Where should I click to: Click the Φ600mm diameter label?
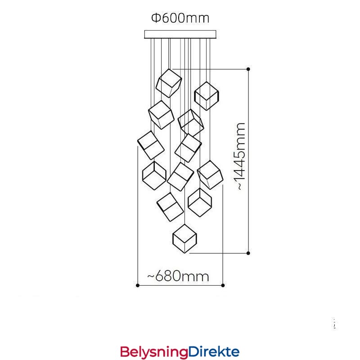coord(180,18)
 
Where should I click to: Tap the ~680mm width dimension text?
coord(178,275)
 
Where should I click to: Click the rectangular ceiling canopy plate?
coord(180,34)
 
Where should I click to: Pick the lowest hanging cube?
coord(185,238)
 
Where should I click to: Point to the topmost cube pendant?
coord(169,83)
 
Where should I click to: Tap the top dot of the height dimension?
coord(248,69)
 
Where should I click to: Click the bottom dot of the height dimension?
coord(248,253)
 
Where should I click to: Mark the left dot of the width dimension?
coord(137,285)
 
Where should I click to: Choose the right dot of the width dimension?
coord(223,285)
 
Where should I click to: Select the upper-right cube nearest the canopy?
coord(207,96)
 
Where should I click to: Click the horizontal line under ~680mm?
coord(180,285)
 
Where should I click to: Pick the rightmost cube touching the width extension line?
coord(210,175)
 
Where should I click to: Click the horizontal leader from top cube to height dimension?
coord(211,69)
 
